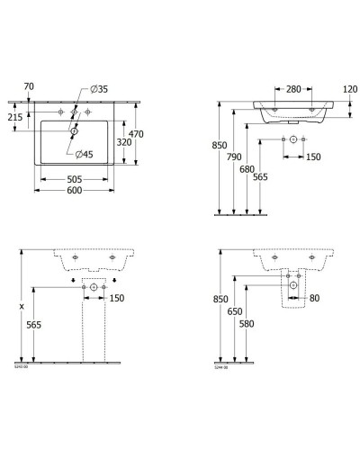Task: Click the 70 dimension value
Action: tap(28, 86)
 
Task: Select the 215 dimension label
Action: tap(15, 118)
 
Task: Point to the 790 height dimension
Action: tap(236, 157)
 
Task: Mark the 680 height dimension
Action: tap(249, 166)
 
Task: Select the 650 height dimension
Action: tap(236, 310)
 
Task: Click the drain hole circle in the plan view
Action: tap(74, 130)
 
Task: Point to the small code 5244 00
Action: tap(220, 366)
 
